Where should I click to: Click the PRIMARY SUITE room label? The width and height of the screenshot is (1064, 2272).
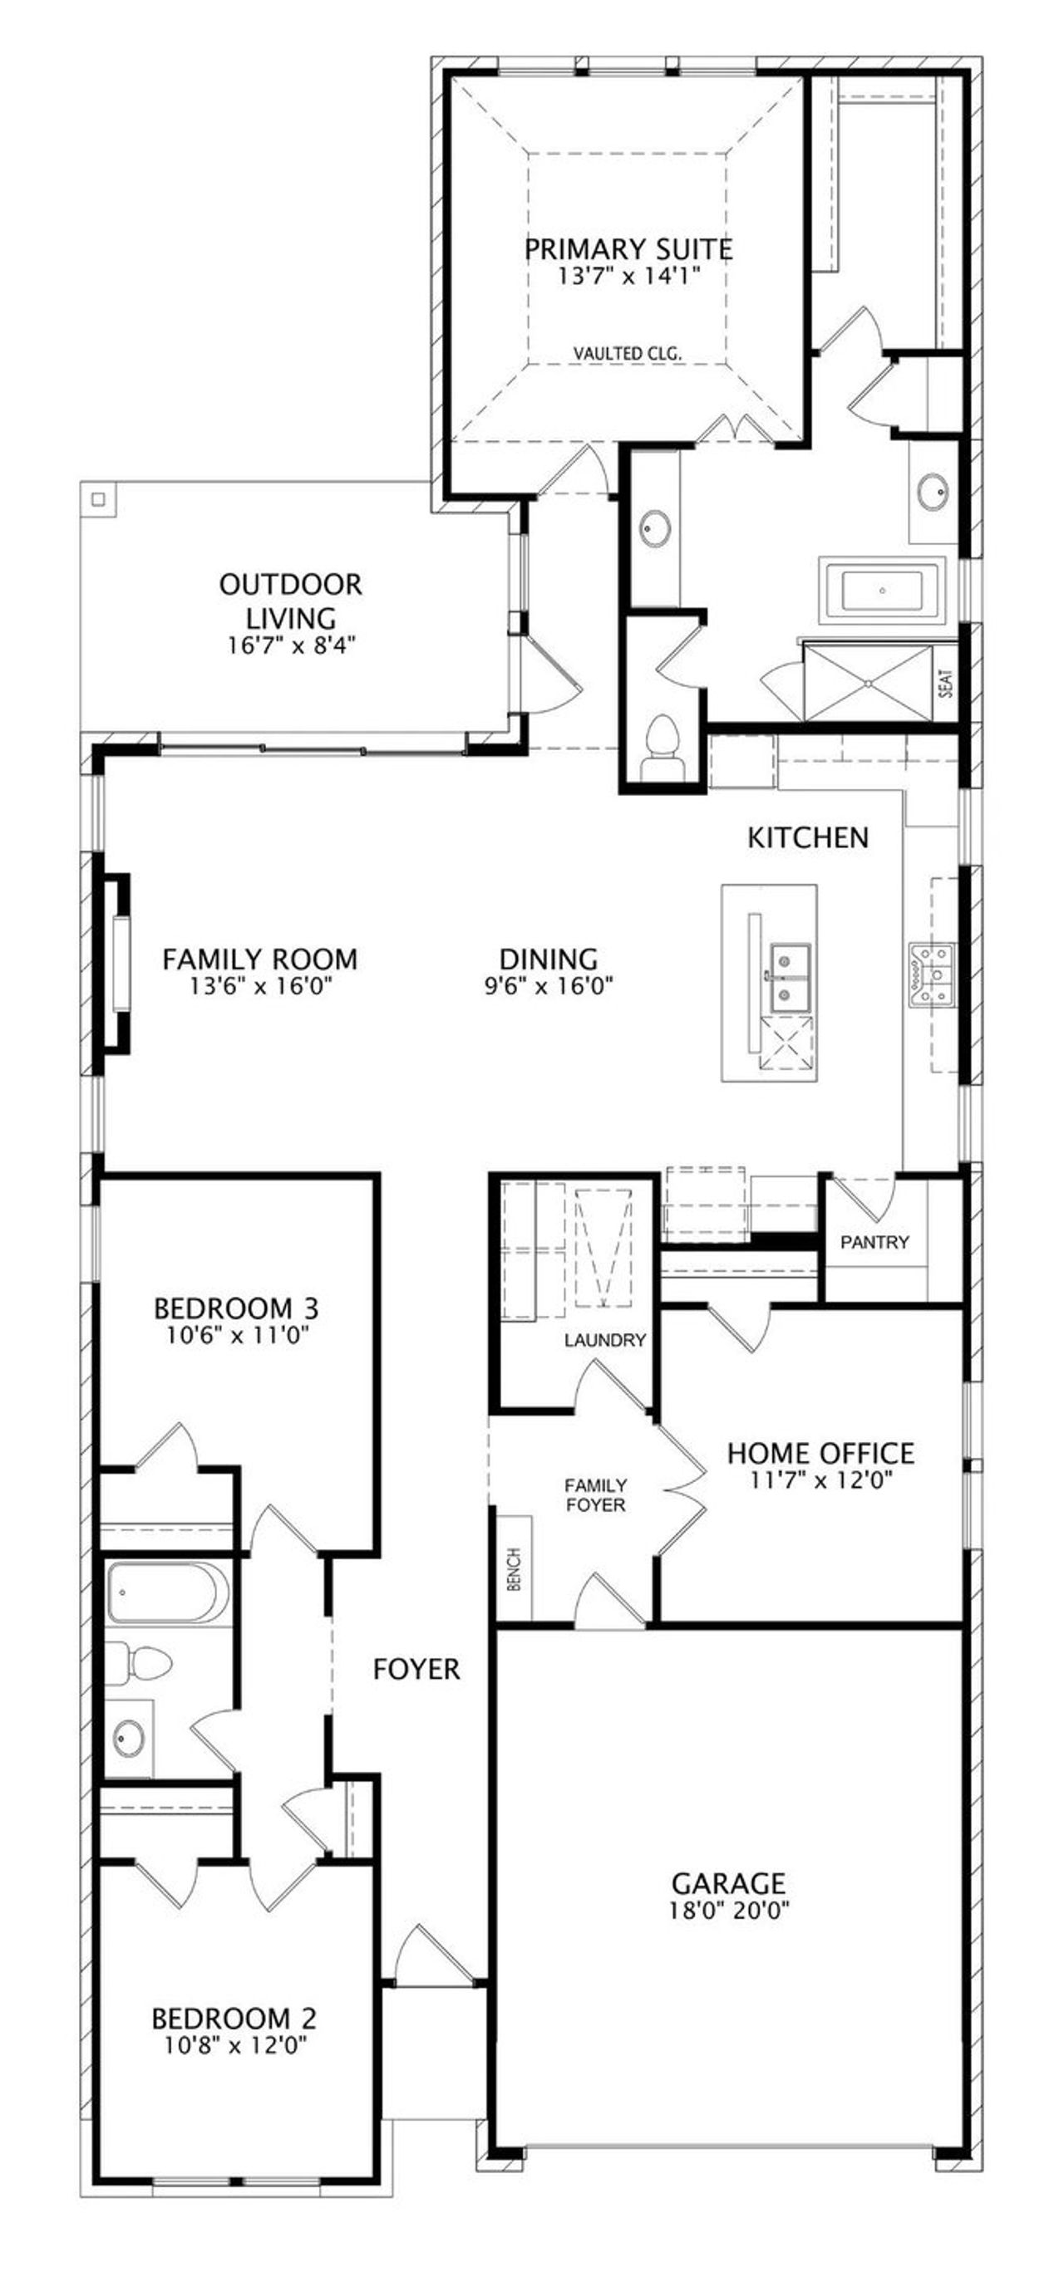click(x=628, y=248)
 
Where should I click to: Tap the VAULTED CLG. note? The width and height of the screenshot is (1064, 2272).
click(x=628, y=354)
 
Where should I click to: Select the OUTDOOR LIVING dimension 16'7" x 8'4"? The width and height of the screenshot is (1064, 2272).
click(x=290, y=645)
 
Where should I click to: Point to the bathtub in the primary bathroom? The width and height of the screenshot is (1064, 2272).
click(x=881, y=590)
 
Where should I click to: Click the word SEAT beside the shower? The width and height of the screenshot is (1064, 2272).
click(x=946, y=684)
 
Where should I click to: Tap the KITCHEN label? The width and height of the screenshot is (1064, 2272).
click(x=807, y=837)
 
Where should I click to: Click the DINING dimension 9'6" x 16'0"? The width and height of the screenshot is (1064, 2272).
click(x=548, y=985)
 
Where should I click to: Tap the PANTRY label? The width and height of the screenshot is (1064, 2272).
click(x=874, y=1242)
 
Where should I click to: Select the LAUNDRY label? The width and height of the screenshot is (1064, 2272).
click(x=604, y=1340)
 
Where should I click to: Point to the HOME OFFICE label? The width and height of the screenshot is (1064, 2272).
click(x=820, y=1453)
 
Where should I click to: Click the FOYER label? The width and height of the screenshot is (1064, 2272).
click(x=416, y=1669)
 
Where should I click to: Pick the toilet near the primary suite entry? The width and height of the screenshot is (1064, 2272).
click(x=661, y=742)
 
